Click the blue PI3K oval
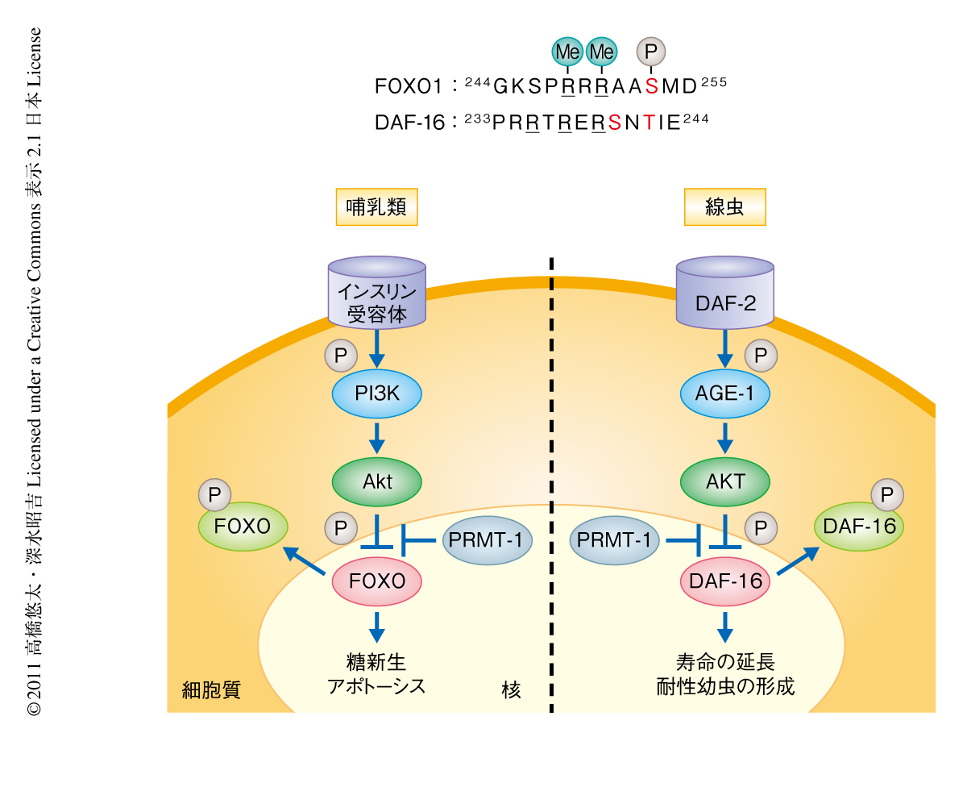coord(377,393)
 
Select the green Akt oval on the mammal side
coord(377,481)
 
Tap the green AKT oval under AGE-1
coord(725,481)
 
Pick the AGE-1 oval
coord(725,393)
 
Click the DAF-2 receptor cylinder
coord(725,294)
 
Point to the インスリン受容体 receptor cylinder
coord(377,294)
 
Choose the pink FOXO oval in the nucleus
coord(377,579)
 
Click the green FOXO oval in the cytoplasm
coord(245,527)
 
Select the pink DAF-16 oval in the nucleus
coord(725,579)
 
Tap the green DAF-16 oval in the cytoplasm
coord(860,527)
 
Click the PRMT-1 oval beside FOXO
coord(488,539)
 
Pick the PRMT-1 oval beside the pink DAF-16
coord(615,539)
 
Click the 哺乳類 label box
coord(376,207)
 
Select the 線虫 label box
coord(724,207)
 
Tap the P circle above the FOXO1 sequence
coord(652,52)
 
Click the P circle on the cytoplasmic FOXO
coord(214,494)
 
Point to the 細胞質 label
coord(211,690)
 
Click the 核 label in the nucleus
coord(511,690)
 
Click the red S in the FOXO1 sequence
coord(651,85)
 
